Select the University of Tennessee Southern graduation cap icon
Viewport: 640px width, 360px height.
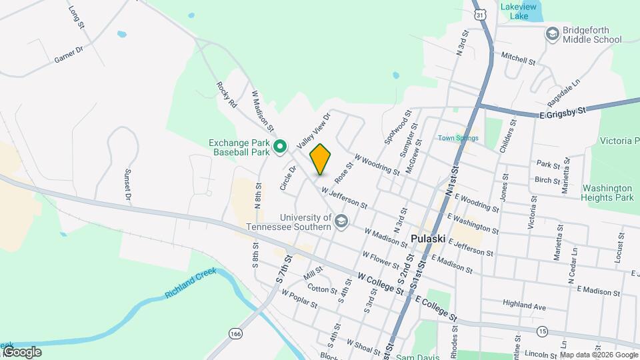[x=341, y=221]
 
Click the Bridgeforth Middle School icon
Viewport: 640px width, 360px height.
[x=552, y=33]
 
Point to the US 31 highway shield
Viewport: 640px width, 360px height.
[x=481, y=13]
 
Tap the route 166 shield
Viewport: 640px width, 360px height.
[x=234, y=333]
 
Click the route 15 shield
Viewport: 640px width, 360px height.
[x=543, y=331]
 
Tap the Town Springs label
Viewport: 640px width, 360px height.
[x=458, y=138]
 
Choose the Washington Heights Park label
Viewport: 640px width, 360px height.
[x=607, y=193]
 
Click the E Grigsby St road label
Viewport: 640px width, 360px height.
[x=562, y=112]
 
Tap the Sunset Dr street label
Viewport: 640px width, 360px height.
[x=127, y=185]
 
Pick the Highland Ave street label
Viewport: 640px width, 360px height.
[x=524, y=306]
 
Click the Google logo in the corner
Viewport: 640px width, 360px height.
[x=22, y=352]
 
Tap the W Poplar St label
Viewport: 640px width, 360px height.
[x=299, y=298]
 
